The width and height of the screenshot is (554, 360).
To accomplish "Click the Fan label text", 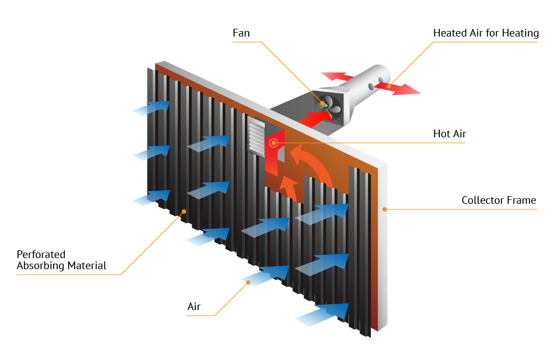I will (241, 33).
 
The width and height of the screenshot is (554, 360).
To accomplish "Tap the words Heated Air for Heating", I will (486, 33).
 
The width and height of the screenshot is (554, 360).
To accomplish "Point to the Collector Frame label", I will (499, 200).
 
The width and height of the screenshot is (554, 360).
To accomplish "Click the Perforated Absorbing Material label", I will (61, 260).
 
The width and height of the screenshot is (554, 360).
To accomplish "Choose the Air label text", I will (194, 307).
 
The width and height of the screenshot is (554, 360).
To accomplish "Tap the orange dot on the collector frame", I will (383, 209).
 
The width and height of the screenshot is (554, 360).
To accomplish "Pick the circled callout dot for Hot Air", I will (273, 143).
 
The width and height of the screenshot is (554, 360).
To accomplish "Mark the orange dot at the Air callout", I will (248, 282).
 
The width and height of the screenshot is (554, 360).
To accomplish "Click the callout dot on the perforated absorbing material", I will (184, 211).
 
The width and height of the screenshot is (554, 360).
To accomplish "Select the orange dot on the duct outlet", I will (389, 86).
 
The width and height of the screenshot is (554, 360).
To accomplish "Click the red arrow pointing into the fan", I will (314, 118).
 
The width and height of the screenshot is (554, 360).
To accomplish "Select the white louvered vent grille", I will (257, 137).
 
